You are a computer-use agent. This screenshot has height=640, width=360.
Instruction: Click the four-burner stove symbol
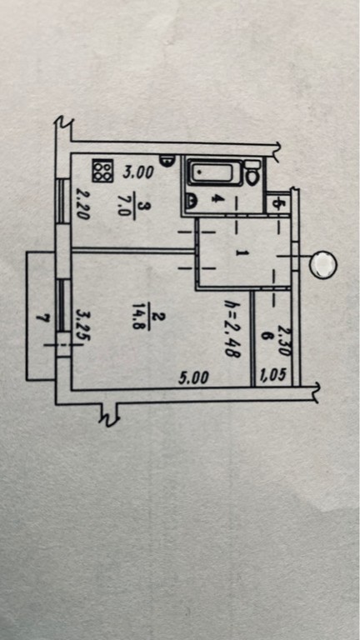(102, 171)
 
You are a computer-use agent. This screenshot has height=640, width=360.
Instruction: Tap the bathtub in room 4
(214, 173)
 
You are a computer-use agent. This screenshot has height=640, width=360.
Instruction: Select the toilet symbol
(252, 172)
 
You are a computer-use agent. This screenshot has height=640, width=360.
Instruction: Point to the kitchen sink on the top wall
(167, 160)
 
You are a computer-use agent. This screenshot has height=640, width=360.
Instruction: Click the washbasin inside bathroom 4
(191, 200)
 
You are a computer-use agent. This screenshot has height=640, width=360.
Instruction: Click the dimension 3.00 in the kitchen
(138, 172)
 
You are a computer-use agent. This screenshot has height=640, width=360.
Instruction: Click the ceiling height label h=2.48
(232, 328)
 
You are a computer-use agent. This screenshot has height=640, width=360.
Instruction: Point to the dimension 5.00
(194, 378)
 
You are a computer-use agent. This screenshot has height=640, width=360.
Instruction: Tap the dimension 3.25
(83, 326)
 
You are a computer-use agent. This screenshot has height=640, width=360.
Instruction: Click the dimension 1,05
(277, 374)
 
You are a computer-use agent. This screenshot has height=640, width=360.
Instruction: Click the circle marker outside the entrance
(323, 264)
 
